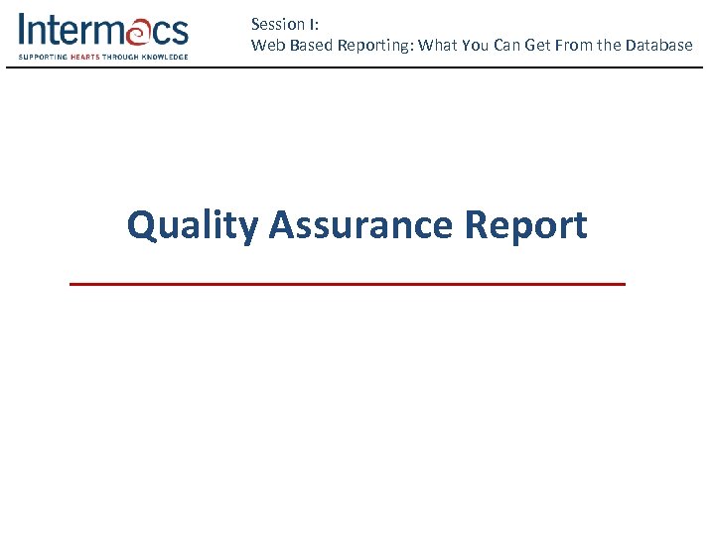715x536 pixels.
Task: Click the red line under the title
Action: tap(348, 284)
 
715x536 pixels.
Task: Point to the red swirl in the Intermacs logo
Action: tap(136, 31)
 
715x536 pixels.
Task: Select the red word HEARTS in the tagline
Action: tap(85, 57)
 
